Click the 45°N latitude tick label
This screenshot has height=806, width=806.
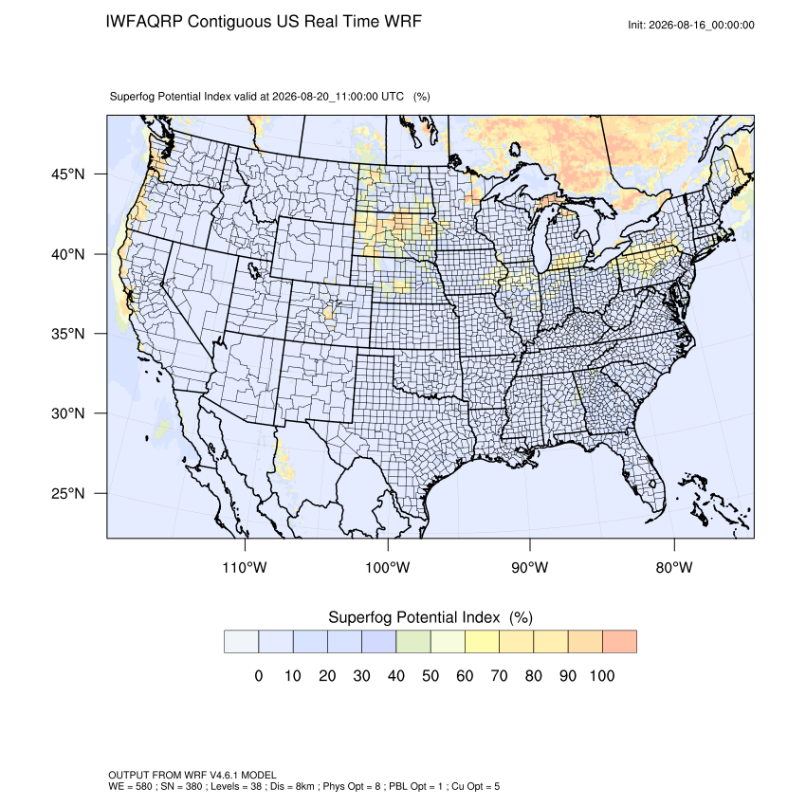(x=68, y=174)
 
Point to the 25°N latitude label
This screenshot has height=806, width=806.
(x=68, y=493)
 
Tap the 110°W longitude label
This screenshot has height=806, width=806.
(x=245, y=567)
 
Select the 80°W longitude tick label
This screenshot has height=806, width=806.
(x=674, y=567)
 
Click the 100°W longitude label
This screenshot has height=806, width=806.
(x=388, y=567)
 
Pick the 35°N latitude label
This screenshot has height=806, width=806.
(x=68, y=334)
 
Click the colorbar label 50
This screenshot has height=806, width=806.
(x=430, y=675)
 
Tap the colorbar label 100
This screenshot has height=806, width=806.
(x=602, y=675)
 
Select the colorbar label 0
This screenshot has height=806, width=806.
(x=259, y=675)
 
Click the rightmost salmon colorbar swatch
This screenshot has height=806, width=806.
(x=619, y=642)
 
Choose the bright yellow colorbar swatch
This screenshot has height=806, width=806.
(x=482, y=642)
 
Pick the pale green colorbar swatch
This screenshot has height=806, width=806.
(x=413, y=642)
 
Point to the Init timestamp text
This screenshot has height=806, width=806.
(x=691, y=26)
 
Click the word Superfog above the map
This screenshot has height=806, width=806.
(x=132, y=97)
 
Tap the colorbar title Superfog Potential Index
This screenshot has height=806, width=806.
(x=413, y=617)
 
